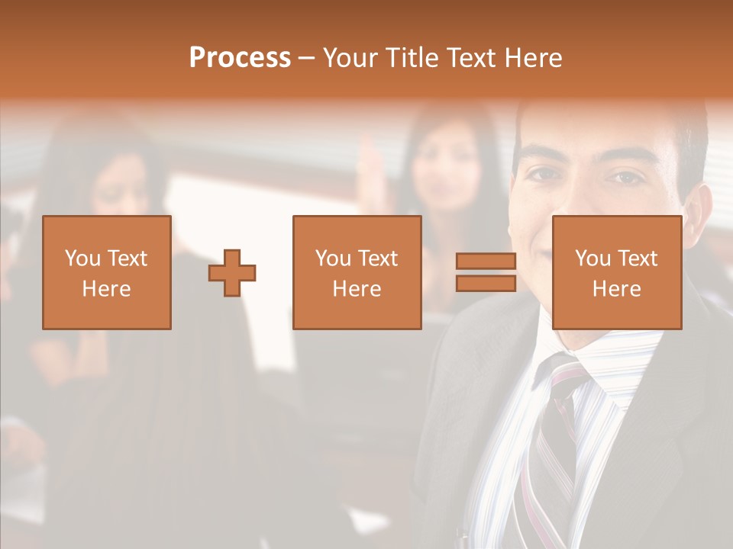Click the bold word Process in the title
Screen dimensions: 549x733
point(240,58)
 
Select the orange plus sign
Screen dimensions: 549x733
point(232,272)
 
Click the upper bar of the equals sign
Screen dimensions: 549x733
point(486,262)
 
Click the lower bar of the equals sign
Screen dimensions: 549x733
point(486,284)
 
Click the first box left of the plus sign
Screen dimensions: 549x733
point(107,272)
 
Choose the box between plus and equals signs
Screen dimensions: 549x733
point(357,272)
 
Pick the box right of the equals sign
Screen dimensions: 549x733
point(616,272)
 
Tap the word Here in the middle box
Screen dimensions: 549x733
point(357,289)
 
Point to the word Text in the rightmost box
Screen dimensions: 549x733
point(637,258)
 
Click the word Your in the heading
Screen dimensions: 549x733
point(352,58)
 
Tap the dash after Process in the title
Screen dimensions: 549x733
point(306,58)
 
